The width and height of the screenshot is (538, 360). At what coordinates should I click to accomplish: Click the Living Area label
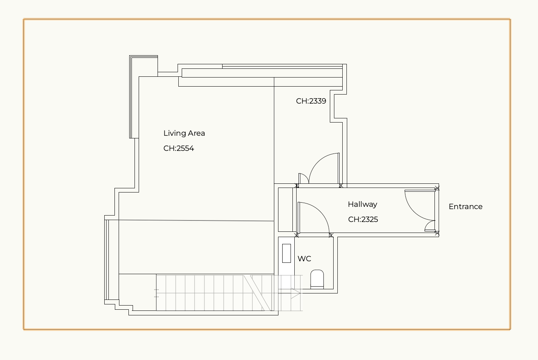coord(184,133)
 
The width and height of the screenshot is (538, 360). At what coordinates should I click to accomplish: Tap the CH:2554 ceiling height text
coord(179,148)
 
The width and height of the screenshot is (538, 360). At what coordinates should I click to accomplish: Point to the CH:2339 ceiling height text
coord(311,101)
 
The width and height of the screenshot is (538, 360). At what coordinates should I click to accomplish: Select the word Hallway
coord(362,205)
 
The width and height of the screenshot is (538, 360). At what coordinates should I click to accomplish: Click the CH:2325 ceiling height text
coord(363,219)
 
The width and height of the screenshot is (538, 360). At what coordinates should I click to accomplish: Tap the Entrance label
coord(465,207)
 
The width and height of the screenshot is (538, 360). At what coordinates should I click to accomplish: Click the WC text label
coord(304,259)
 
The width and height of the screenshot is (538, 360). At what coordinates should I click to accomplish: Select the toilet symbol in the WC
coord(317,279)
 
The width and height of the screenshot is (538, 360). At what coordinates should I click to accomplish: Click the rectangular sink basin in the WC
coord(286,253)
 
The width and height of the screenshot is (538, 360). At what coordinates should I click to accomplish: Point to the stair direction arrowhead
coord(296,293)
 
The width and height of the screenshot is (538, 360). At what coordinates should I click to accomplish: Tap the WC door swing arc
coord(320,211)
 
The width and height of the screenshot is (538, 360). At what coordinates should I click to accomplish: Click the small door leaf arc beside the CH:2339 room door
coord(305,176)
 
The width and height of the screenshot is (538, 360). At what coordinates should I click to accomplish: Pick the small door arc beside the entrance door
coord(428,224)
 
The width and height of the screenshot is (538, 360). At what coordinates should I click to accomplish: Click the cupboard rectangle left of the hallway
coord(285,209)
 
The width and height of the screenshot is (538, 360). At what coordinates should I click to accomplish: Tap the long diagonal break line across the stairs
coord(261,293)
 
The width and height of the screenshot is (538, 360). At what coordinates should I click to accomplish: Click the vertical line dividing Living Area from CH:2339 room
coord(274,130)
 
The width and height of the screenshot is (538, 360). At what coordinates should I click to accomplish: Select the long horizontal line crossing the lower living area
coord(196,220)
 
